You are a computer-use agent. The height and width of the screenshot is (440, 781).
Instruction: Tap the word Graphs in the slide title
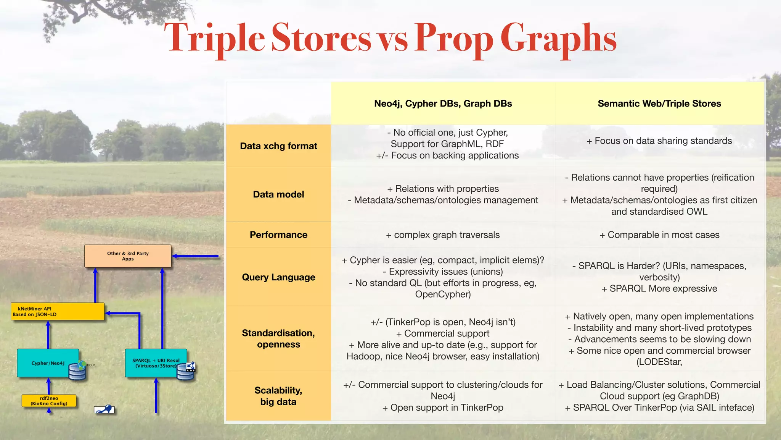tap(558, 38)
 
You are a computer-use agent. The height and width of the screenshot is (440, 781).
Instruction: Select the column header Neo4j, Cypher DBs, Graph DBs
tap(443, 104)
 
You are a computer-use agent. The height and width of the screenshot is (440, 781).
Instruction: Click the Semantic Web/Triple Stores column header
tap(659, 104)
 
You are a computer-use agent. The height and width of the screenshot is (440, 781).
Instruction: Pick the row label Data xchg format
tap(278, 146)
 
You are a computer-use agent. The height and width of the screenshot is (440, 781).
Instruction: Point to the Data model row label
tap(278, 194)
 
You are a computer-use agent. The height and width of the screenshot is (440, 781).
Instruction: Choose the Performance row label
tap(278, 235)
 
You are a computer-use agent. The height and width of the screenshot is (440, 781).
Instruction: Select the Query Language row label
tap(278, 277)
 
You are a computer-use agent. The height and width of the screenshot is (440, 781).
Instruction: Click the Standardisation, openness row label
tap(278, 339)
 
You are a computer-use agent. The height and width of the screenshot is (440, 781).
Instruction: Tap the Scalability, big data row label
tap(278, 396)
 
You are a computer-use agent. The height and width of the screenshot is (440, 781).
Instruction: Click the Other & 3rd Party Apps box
tap(128, 256)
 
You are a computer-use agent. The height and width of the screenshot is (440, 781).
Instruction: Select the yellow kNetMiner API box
tap(57, 312)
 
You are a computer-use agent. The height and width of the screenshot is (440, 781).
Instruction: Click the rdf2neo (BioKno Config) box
tap(49, 401)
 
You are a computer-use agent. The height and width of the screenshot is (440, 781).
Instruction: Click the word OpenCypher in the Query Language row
tap(443, 294)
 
